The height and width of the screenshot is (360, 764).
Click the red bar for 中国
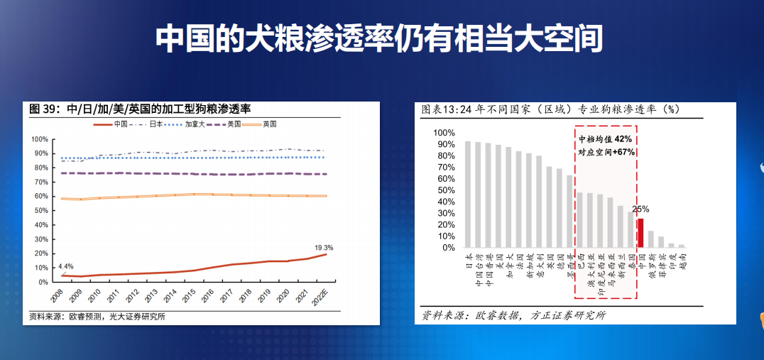coord(640,234)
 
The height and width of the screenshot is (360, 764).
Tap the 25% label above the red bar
coord(640,209)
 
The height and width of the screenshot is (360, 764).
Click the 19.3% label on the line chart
coord(324,248)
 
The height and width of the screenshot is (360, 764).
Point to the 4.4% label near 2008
coord(65,266)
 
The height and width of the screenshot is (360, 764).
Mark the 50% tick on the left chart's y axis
coord(40,211)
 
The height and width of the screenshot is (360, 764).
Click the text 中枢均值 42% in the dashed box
coord(606,139)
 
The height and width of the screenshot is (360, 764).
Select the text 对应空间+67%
coord(606,152)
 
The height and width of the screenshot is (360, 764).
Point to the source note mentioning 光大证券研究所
coord(97,317)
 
